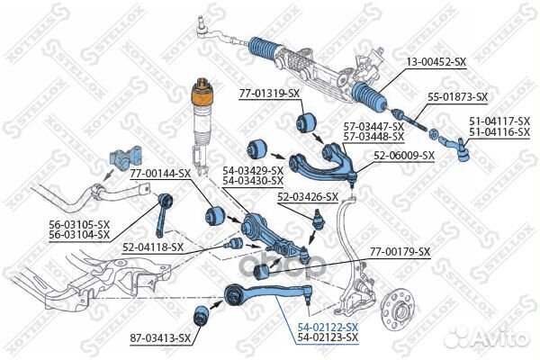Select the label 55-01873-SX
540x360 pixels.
coord(456,97)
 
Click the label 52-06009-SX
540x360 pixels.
coord(404,156)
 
